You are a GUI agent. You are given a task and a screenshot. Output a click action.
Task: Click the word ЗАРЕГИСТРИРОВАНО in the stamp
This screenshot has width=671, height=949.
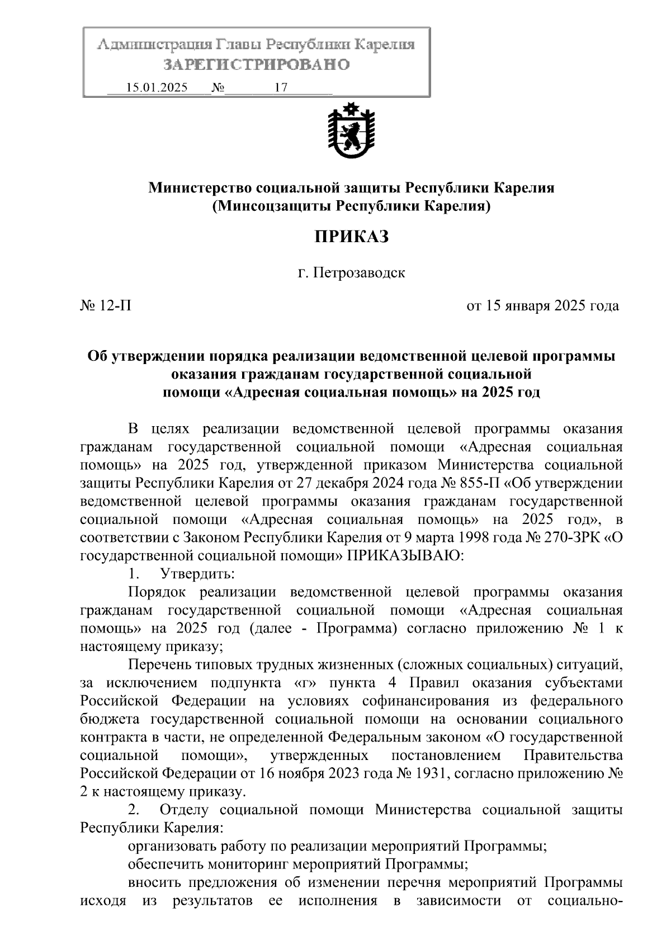(x=257, y=65)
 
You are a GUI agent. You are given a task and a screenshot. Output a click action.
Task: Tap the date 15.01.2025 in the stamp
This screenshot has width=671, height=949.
(x=157, y=88)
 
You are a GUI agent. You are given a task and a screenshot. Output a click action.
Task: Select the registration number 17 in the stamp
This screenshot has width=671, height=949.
(x=281, y=88)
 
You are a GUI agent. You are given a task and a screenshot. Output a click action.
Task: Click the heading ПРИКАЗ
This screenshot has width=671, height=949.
(x=351, y=237)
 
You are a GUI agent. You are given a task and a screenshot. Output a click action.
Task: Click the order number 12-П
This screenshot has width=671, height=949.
(x=116, y=306)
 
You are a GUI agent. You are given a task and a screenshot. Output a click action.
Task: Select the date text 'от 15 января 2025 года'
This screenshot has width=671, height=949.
(x=542, y=306)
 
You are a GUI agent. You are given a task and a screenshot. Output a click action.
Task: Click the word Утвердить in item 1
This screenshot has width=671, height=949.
(x=197, y=574)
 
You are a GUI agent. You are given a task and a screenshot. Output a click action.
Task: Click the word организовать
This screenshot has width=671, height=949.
(x=172, y=846)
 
